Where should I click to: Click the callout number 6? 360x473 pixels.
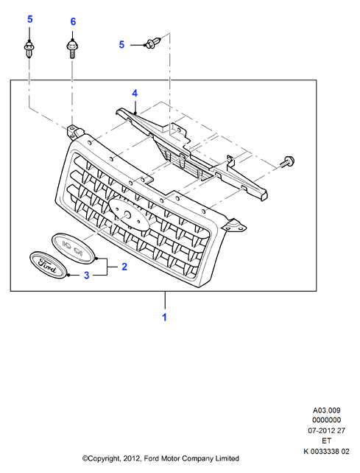point(73,21)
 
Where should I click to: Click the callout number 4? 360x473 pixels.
point(135,94)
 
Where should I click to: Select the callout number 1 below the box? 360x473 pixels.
point(165,318)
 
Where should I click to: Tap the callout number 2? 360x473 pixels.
point(124,267)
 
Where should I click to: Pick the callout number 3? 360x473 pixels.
point(87,275)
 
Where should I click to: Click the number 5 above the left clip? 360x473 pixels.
point(30,19)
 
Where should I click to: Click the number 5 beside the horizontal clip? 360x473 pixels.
point(121,45)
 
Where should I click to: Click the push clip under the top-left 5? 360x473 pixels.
point(29,49)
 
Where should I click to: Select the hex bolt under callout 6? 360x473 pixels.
point(72,49)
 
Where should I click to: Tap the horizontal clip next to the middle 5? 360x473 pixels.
point(155,42)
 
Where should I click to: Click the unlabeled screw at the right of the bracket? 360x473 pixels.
point(287,161)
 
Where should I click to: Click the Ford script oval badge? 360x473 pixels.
point(48,264)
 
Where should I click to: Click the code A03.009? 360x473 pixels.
point(327,410)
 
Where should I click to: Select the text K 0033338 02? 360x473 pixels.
point(327,452)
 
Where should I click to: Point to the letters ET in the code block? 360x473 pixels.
point(327,441)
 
